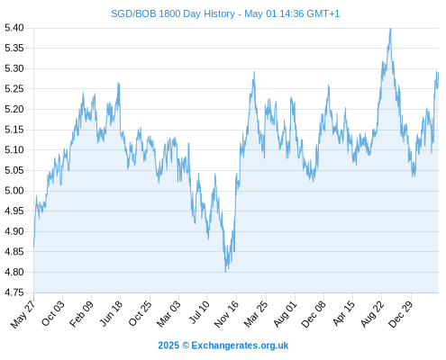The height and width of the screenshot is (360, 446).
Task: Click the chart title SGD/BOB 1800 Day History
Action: pyautogui.click(x=173, y=13)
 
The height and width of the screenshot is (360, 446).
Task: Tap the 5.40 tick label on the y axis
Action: pyautogui.click(x=14, y=28)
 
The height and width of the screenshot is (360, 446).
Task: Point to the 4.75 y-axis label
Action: pyautogui.click(x=14, y=292)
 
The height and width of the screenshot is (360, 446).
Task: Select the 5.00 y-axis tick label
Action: pyautogui.click(x=14, y=191)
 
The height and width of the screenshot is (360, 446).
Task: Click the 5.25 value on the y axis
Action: pyautogui.click(x=14, y=89)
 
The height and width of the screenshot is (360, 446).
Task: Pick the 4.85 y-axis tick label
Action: pyautogui.click(x=14, y=252)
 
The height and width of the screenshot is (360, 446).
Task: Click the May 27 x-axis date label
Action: pyautogui.click(x=23, y=314)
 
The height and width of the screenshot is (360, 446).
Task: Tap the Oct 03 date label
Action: pyautogui.click(x=52, y=313)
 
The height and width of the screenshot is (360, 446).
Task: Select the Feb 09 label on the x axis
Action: pyautogui.click(x=81, y=313)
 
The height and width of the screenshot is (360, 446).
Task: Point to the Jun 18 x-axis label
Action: pyautogui.click(x=111, y=313)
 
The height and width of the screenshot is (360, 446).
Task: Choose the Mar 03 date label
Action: pyautogui.click(x=168, y=313)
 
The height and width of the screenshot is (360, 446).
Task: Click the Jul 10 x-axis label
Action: pyautogui.click(x=199, y=312)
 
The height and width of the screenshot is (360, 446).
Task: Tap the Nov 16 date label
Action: pyautogui.click(x=226, y=314)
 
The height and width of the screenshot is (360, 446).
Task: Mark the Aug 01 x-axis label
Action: pyautogui.click(x=285, y=314)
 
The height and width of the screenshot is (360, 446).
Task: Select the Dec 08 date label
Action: pyautogui.click(x=314, y=314)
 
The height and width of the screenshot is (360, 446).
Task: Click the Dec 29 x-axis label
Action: pyautogui.click(x=401, y=314)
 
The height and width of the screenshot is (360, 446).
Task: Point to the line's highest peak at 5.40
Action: pyautogui.click(x=390, y=29)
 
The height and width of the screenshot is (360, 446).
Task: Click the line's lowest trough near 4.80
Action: pyautogui.click(x=225, y=272)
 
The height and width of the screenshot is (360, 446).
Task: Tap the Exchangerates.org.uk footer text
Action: pyautogui.click(x=240, y=346)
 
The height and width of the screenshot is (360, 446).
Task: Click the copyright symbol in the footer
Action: pyautogui.click(x=186, y=346)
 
